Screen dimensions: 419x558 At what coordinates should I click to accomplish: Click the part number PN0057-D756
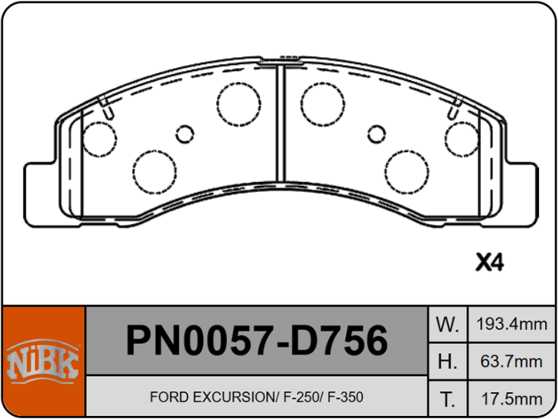(x=256, y=341)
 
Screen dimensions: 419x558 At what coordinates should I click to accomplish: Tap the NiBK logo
(x=43, y=362)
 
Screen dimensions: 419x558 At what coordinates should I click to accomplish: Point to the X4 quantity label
(x=490, y=262)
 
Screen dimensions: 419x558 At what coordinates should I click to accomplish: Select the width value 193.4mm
(x=511, y=323)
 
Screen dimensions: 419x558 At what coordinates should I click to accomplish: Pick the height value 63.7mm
(x=511, y=361)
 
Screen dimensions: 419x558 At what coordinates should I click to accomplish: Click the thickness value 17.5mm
(x=511, y=398)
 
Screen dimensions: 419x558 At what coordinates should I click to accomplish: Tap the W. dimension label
(x=446, y=323)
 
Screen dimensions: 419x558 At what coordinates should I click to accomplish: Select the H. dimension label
(x=446, y=361)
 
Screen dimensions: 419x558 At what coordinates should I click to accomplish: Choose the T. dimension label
(x=446, y=398)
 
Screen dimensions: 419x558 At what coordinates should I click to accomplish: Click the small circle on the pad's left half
(x=186, y=135)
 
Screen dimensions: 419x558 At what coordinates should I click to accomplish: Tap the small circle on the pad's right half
(x=375, y=135)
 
